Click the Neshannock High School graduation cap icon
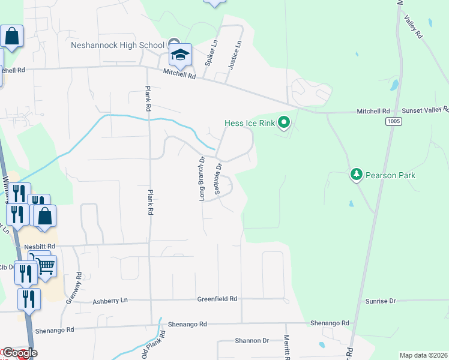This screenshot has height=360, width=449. coord(180,55)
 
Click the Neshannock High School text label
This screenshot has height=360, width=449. coord(117,45)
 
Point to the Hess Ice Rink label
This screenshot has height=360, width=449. coord(249,124)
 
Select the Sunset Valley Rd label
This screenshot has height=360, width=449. coord(424,110)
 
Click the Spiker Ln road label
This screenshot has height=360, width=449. coord(210,53)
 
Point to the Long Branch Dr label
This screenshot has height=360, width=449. coord(202,178)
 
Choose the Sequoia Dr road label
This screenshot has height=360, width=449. coord(219,175)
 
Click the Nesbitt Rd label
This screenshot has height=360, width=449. coord(40,247)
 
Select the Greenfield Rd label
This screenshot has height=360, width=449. coord(217,298)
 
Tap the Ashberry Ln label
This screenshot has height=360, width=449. coord(110,300)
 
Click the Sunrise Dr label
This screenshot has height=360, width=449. coord(381,301)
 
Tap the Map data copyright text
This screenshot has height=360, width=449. coord(424,355)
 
